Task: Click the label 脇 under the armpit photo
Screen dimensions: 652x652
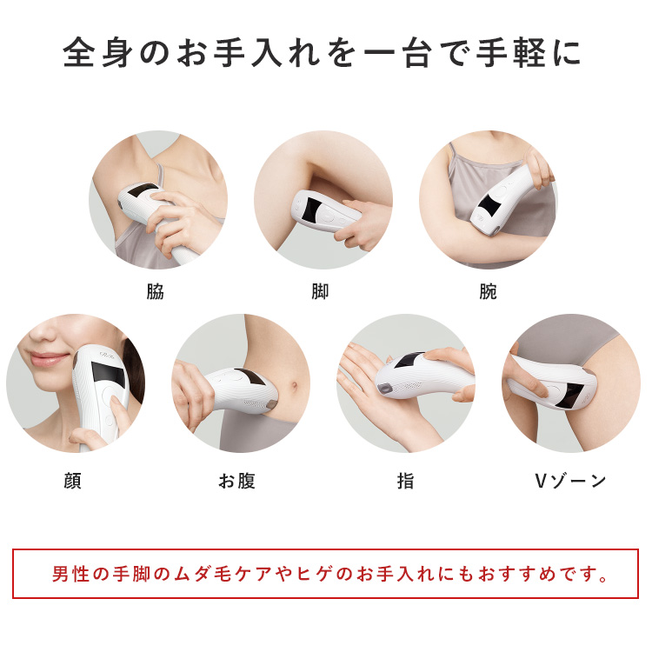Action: tap(155, 292)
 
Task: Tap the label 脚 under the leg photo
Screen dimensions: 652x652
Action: tap(320, 292)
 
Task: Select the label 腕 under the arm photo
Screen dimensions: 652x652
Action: tap(488, 292)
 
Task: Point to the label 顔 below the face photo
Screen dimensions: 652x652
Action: tap(72, 481)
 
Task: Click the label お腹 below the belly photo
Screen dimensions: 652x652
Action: tap(236, 481)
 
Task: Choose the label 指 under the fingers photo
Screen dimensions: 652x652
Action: tap(405, 481)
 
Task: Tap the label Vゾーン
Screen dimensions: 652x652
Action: tap(570, 481)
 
